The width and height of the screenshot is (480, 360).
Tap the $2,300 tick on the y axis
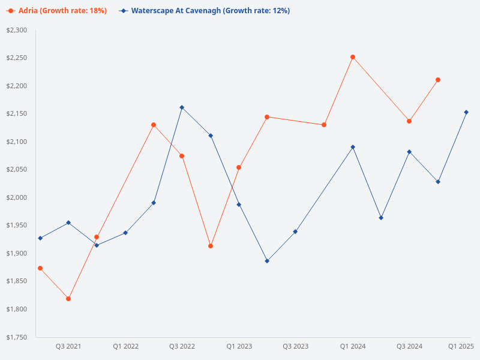pyautogui.click(x=16, y=30)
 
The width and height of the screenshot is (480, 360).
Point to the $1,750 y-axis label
pyautogui.click(x=16, y=337)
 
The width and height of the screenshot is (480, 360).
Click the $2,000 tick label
pyautogui.click(x=16, y=197)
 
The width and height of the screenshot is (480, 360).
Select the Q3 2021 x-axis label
pyautogui.click(x=68, y=346)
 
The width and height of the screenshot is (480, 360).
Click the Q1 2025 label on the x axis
pyautogui.click(x=461, y=346)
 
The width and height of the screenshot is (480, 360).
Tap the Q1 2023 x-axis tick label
pyautogui.click(x=239, y=346)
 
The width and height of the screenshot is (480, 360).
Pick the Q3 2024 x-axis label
pyautogui.click(x=410, y=346)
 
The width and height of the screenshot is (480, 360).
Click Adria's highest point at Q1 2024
pyautogui.click(x=353, y=57)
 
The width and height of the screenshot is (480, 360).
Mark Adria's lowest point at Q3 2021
pyautogui.click(x=68, y=299)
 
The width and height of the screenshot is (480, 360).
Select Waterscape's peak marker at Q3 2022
pyautogui.click(x=182, y=107)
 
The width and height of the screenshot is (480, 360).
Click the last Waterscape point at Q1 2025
pyautogui.click(x=466, y=112)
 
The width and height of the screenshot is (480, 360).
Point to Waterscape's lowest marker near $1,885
pyautogui.click(x=267, y=261)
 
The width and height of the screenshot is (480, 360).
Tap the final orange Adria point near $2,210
pyautogui.click(x=438, y=80)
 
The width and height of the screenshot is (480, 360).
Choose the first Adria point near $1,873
pyautogui.click(x=40, y=268)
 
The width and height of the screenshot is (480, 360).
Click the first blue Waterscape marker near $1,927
pyautogui.click(x=40, y=238)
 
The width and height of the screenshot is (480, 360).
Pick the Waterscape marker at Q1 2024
pyautogui.click(x=353, y=147)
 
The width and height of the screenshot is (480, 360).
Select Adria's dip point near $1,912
pyautogui.click(x=211, y=246)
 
